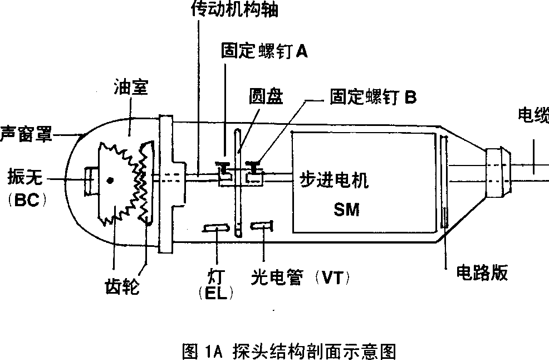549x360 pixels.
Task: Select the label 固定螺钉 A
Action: click(264, 51)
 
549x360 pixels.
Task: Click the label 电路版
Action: click(482, 273)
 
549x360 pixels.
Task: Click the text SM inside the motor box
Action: click(346, 210)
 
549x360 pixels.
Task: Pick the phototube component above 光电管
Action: click(261, 225)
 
